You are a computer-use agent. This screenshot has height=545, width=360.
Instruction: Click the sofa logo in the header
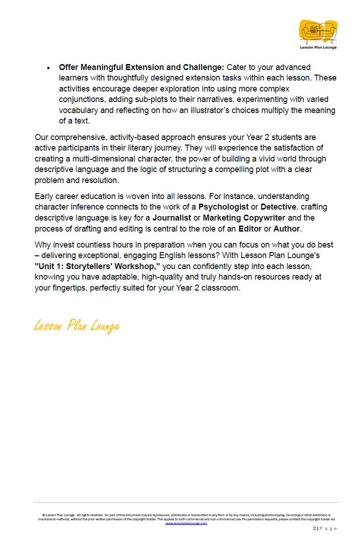318,31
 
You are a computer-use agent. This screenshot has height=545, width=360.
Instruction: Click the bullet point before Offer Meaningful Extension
49,68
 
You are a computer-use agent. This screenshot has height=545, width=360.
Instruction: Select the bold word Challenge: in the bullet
204,67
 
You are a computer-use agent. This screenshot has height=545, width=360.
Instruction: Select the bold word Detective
278,207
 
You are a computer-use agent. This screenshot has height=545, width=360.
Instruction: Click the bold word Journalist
172,217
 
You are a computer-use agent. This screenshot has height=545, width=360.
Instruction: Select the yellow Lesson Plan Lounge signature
77,326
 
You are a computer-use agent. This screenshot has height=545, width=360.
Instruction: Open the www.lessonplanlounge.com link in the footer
186,523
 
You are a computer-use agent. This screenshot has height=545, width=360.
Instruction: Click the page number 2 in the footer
315,529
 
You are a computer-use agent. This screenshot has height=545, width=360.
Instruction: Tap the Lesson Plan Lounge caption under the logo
318,47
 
